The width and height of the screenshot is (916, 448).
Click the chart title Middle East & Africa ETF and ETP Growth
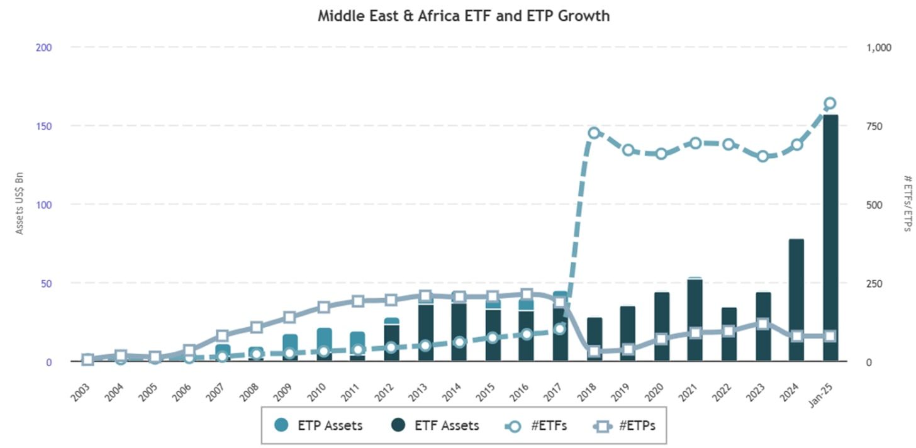[x=464, y=16]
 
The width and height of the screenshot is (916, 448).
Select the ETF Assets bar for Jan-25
[x=830, y=239]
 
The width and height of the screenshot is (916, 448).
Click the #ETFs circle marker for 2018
[x=594, y=133]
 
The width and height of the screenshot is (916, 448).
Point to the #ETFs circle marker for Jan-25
[x=830, y=103]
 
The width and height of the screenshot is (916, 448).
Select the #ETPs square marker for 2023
[x=762, y=323]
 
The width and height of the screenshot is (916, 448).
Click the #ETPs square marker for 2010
[x=323, y=307]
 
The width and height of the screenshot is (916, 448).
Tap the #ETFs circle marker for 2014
[x=459, y=342]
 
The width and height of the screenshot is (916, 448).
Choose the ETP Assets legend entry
[x=318, y=425]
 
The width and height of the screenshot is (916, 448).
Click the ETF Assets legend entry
[x=435, y=425]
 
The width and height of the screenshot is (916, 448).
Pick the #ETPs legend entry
[x=625, y=425]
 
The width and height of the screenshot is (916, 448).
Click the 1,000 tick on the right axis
[x=879, y=48]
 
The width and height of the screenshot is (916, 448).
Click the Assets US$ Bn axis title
[x=20, y=204]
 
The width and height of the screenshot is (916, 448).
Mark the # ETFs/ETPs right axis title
[x=907, y=204]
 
